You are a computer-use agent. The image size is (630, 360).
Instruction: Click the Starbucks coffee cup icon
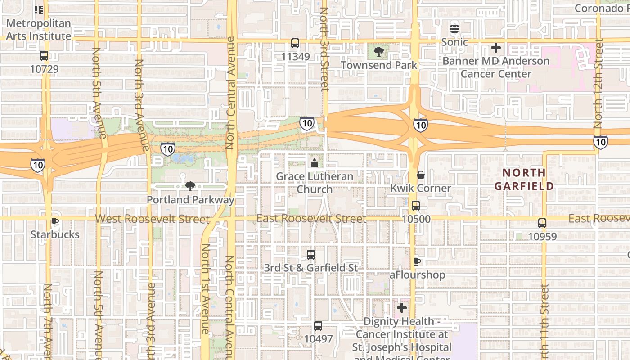(x=55, y=221)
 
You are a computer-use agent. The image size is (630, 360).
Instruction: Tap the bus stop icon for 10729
(x=44, y=56)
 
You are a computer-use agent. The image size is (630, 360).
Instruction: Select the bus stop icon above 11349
(x=295, y=43)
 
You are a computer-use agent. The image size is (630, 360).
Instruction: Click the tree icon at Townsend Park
(x=379, y=52)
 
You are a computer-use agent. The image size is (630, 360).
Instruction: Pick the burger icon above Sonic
(x=454, y=29)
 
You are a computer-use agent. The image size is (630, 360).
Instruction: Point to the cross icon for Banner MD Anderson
(x=496, y=48)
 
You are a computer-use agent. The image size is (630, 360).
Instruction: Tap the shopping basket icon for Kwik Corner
(x=421, y=175)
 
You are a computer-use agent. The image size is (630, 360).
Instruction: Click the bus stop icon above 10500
(x=416, y=206)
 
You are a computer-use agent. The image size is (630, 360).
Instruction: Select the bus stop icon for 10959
(x=542, y=223)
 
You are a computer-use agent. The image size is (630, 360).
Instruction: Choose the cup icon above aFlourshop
(x=417, y=261)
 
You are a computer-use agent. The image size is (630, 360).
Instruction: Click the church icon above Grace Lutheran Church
(x=314, y=162)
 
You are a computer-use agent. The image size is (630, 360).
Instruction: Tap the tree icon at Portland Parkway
(x=190, y=186)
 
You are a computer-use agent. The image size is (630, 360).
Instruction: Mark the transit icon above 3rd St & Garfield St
(x=310, y=255)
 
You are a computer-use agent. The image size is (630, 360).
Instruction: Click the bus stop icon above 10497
(x=318, y=326)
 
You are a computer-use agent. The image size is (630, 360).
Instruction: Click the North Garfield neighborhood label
(x=524, y=179)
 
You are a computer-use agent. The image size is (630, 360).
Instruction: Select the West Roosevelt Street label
(x=153, y=219)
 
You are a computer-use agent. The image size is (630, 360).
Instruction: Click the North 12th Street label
(x=598, y=83)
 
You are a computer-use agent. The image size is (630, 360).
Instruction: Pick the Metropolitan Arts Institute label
(x=39, y=29)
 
